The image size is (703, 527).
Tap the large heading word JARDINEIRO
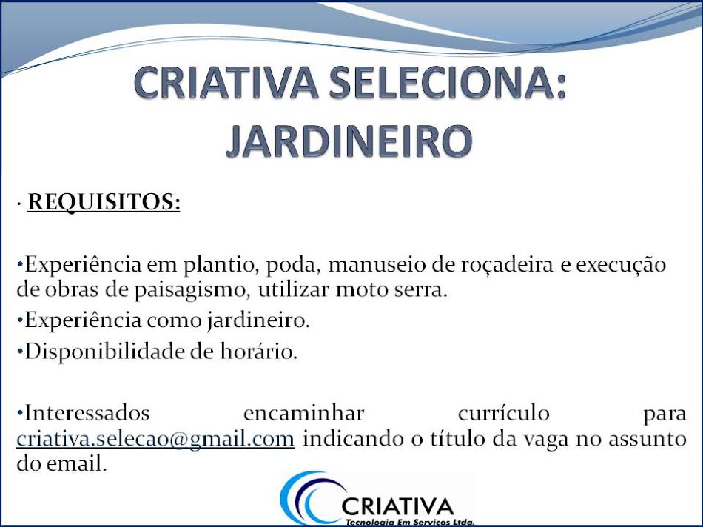(349, 141)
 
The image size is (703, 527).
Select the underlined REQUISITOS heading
(104, 202)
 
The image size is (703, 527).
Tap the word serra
(423, 289)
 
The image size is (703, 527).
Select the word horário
(260, 352)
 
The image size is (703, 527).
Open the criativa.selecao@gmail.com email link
(156, 438)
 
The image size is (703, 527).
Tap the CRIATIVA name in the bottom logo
(397, 506)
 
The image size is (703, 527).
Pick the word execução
(622, 265)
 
